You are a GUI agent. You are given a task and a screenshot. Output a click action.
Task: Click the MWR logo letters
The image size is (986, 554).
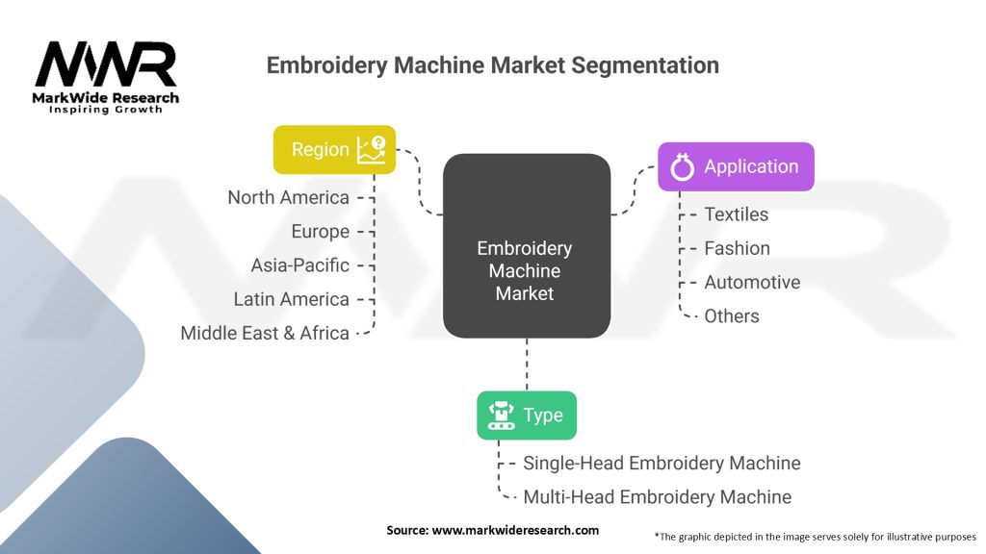(x=106, y=64)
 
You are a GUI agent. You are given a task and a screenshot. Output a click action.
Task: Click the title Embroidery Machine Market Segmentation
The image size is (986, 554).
(x=492, y=65)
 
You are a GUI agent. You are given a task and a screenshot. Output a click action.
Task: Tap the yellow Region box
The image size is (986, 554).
(x=334, y=149)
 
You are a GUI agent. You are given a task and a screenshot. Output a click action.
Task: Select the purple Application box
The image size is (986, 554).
(x=736, y=166)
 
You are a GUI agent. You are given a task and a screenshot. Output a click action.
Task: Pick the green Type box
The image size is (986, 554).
(x=527, y=415)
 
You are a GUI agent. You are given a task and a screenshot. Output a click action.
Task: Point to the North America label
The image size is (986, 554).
(x=288, y=197)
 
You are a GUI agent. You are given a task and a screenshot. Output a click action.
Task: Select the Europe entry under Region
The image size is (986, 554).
(x=320, y=231)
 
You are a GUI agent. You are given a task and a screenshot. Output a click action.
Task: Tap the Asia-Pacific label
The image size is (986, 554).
(x=299, y=264)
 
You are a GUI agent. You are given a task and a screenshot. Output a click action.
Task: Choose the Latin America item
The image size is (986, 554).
(x=291, y=299)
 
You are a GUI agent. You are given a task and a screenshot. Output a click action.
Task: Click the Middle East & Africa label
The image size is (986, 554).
(x=265, y=333)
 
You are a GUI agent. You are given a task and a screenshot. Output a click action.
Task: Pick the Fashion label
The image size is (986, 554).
(x=737, y=248)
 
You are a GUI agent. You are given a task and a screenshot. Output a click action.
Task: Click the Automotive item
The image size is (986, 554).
(x=751, y=282)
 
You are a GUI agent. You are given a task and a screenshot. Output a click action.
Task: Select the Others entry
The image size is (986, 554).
(x=731, y=315)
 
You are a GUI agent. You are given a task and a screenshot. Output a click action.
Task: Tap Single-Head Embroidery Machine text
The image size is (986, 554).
(x=661, y=463)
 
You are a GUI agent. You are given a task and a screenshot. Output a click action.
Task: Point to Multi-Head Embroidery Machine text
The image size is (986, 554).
(x=657, y=497)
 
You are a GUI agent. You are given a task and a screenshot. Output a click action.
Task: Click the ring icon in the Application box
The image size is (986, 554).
(x=682, y=167)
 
